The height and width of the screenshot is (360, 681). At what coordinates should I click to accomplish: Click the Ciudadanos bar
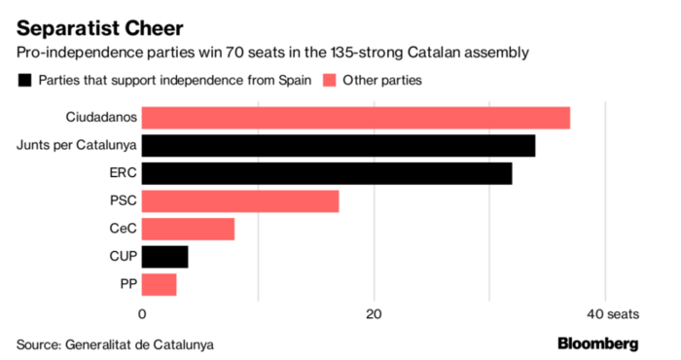click(x=356, y=118)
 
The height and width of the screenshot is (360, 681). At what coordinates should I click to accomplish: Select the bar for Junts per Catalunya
click(x=339, y=146)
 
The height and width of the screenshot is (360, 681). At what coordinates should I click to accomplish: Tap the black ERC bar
click(x=327, y=173)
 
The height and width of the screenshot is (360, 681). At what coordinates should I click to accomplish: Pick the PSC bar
click(x=240, y=201)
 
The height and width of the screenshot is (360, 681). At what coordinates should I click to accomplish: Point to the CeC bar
click(x=188, y=229)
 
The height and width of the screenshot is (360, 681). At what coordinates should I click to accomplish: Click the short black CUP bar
click(x=165, y=257)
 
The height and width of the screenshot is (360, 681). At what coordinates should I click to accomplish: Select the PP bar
click(x=160, y=284)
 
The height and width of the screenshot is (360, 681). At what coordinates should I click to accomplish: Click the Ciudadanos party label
click(x=100, y=118)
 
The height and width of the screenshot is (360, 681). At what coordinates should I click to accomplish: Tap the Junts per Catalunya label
click(x=76, y=146)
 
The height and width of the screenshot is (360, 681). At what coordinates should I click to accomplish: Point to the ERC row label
click(x=124, y=173)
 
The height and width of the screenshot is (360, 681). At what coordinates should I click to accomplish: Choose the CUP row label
click(x=122, y=257)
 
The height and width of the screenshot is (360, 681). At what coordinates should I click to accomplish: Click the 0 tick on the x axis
click(x=143, y=313)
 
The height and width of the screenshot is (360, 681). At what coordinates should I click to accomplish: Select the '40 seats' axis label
click(x=612, y=313)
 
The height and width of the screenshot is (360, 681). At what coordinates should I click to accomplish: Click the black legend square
click(x=22, y=79)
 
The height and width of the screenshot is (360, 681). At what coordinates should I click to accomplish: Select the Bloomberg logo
click(x=597, y=343)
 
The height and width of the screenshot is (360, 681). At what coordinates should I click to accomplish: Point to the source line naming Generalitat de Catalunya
click(x=114, y=343)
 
